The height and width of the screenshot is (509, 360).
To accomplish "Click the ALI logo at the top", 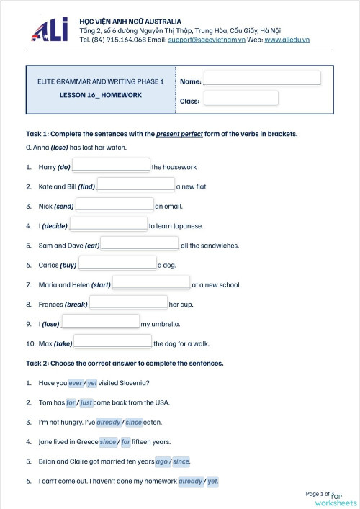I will click(49, 31).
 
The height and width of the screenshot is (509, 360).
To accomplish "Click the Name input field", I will click(262, 78).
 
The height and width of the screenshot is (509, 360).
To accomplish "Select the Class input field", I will click(240, 98).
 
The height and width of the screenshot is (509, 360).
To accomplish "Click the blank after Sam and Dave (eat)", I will click(140, 244).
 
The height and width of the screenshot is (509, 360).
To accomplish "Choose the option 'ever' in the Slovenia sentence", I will click(76, 383).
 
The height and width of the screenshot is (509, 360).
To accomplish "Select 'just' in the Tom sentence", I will click(86, 402).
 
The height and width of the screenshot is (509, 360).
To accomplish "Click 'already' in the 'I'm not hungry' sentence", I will click(108, 422).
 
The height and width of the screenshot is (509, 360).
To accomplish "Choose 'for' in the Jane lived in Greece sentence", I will click(126, 442).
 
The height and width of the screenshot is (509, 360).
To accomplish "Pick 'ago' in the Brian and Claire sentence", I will click(162, 461).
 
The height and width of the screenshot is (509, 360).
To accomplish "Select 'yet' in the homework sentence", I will click(212, 481).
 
